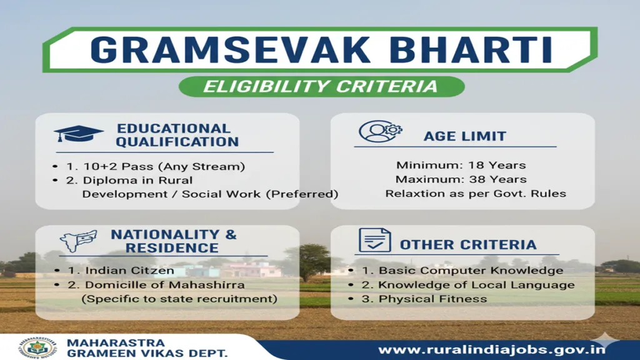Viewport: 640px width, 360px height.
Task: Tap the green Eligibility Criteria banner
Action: pyautogui.click(x=321, y=86)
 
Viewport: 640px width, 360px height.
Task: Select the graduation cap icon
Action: pyautogui.click(x=78, y=134)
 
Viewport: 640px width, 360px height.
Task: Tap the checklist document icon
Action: pyautogui.click(x=374, y=241)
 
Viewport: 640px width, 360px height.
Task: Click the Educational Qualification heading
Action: pyautogui.click(x=177, y=135)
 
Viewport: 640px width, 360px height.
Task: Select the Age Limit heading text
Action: pyautogui.click(x=465, y=136)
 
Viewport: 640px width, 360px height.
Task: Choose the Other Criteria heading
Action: pyautogui.click(x=468, y=244)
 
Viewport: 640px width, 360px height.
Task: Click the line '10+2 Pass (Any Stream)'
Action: pyautogui.click(x=156, y=166)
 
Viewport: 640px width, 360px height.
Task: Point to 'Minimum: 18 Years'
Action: pyautogui.click(x=461, y=166)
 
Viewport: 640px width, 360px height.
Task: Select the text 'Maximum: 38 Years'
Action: pyautogui.click(x=461, y=179)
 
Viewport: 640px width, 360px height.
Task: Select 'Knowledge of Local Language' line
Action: pyautogui.click(x=467, y=285)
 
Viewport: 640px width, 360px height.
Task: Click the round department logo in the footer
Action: pyautogui.click(x=37, y=347)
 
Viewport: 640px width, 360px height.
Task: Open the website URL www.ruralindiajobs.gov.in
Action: pyautogui.click(x=492, y=349)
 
